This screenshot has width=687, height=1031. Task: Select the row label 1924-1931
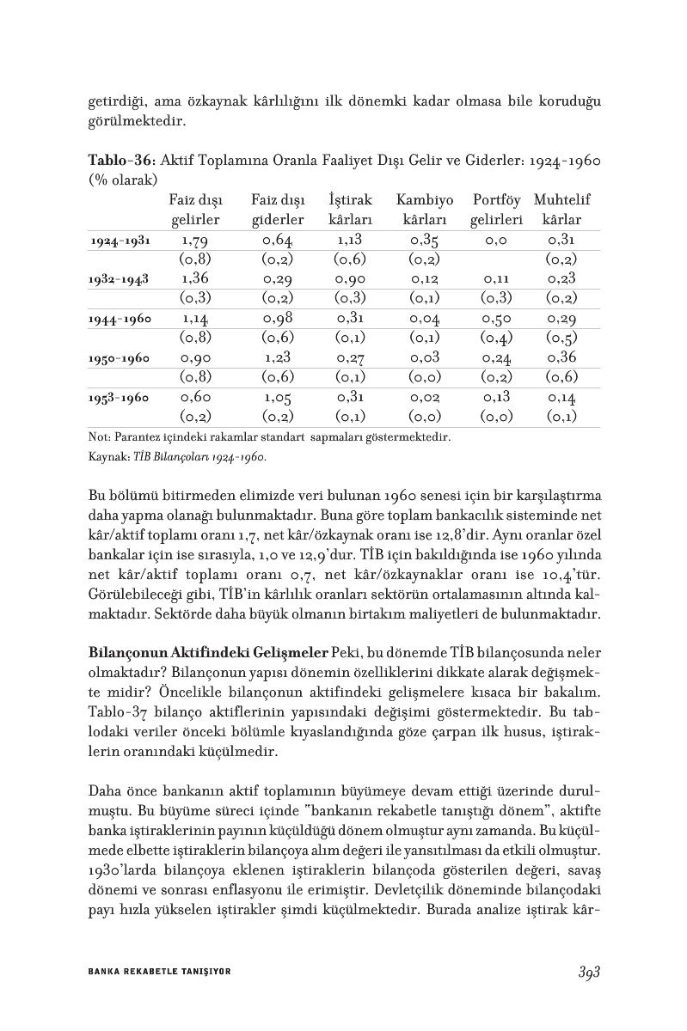[120, 241]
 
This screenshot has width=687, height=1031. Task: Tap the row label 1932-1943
[120, 280]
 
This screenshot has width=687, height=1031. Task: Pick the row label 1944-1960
[120, 320]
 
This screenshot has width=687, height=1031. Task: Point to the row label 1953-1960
[120, 399]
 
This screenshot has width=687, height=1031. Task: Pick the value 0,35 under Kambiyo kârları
[425, 241]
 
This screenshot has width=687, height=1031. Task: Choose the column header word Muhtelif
[561, 200]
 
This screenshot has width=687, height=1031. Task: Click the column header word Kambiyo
[425, 200]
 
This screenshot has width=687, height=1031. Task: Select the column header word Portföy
[497, 200]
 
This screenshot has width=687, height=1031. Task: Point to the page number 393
[588, 971]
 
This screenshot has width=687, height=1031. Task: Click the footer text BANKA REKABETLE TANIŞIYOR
[160, 972]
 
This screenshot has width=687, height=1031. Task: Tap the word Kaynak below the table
[107, 458]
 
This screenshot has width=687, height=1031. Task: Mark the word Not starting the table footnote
[97, 438]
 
